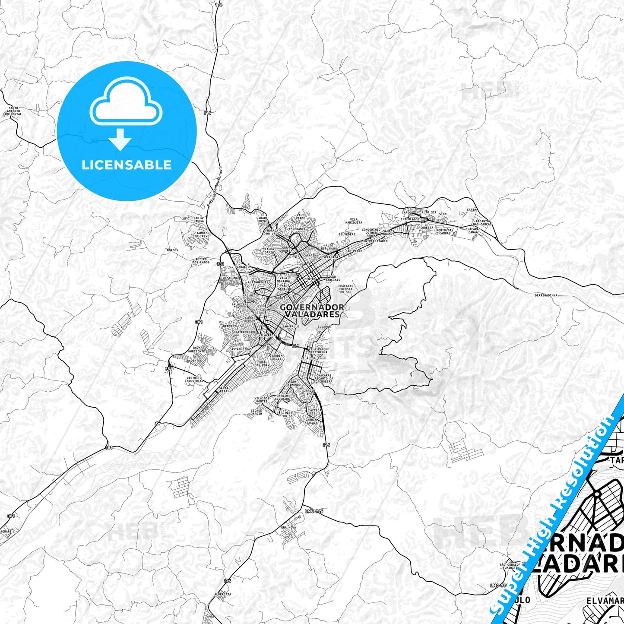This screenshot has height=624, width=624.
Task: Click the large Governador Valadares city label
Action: (x=312, y=310)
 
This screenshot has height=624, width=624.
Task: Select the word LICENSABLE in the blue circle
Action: (x=127, y=165)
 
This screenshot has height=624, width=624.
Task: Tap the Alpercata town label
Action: (x=222, y=594)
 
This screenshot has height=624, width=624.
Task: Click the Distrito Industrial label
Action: (x=194, y=380)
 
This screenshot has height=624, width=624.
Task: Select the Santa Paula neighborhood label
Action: (x=198, y=219)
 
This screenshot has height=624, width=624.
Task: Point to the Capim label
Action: (x=472, y=210)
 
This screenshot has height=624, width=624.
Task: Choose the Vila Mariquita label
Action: (x=353, y=221)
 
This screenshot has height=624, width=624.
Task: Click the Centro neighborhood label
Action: (x=310, y=279)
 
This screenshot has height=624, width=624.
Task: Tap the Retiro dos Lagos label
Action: (x=201, y=261)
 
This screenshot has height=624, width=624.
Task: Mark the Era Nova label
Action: (x=288, y=528)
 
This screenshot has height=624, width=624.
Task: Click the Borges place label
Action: (x=172, y=250)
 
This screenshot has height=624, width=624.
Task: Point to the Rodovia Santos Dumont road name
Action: (x=214, y=187)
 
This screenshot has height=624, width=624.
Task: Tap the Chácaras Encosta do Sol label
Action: (x=345, y=289)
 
